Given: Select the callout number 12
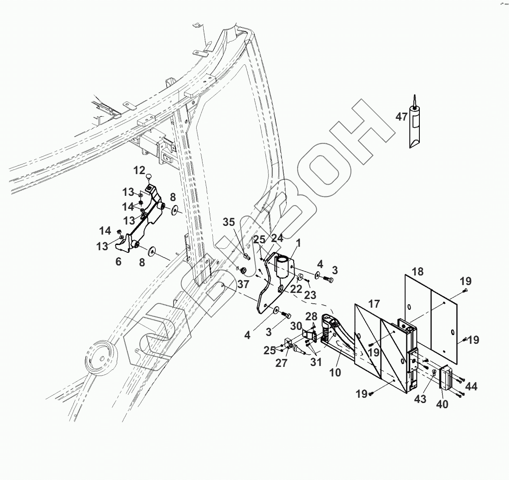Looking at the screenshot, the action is click(139, 170).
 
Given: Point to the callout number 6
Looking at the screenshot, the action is click(118, 262).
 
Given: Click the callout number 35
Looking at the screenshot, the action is click(229, 222).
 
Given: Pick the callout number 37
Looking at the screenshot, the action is click(243, 284).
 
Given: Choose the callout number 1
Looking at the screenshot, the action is click(299, 243).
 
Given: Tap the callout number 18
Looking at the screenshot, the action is click(417, 272).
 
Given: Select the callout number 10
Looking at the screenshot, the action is click(335, 373).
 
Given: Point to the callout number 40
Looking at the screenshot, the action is click(443, 404).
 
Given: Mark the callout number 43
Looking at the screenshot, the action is click(420, 399).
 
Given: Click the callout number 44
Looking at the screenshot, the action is click(471, 386).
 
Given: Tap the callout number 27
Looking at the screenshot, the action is click(281, 363).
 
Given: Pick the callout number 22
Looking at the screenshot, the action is click(297, 289).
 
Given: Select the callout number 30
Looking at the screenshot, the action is click(296, 326).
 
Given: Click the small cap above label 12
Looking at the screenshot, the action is click(149, 176).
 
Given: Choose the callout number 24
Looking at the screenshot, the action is click(277, 238).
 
